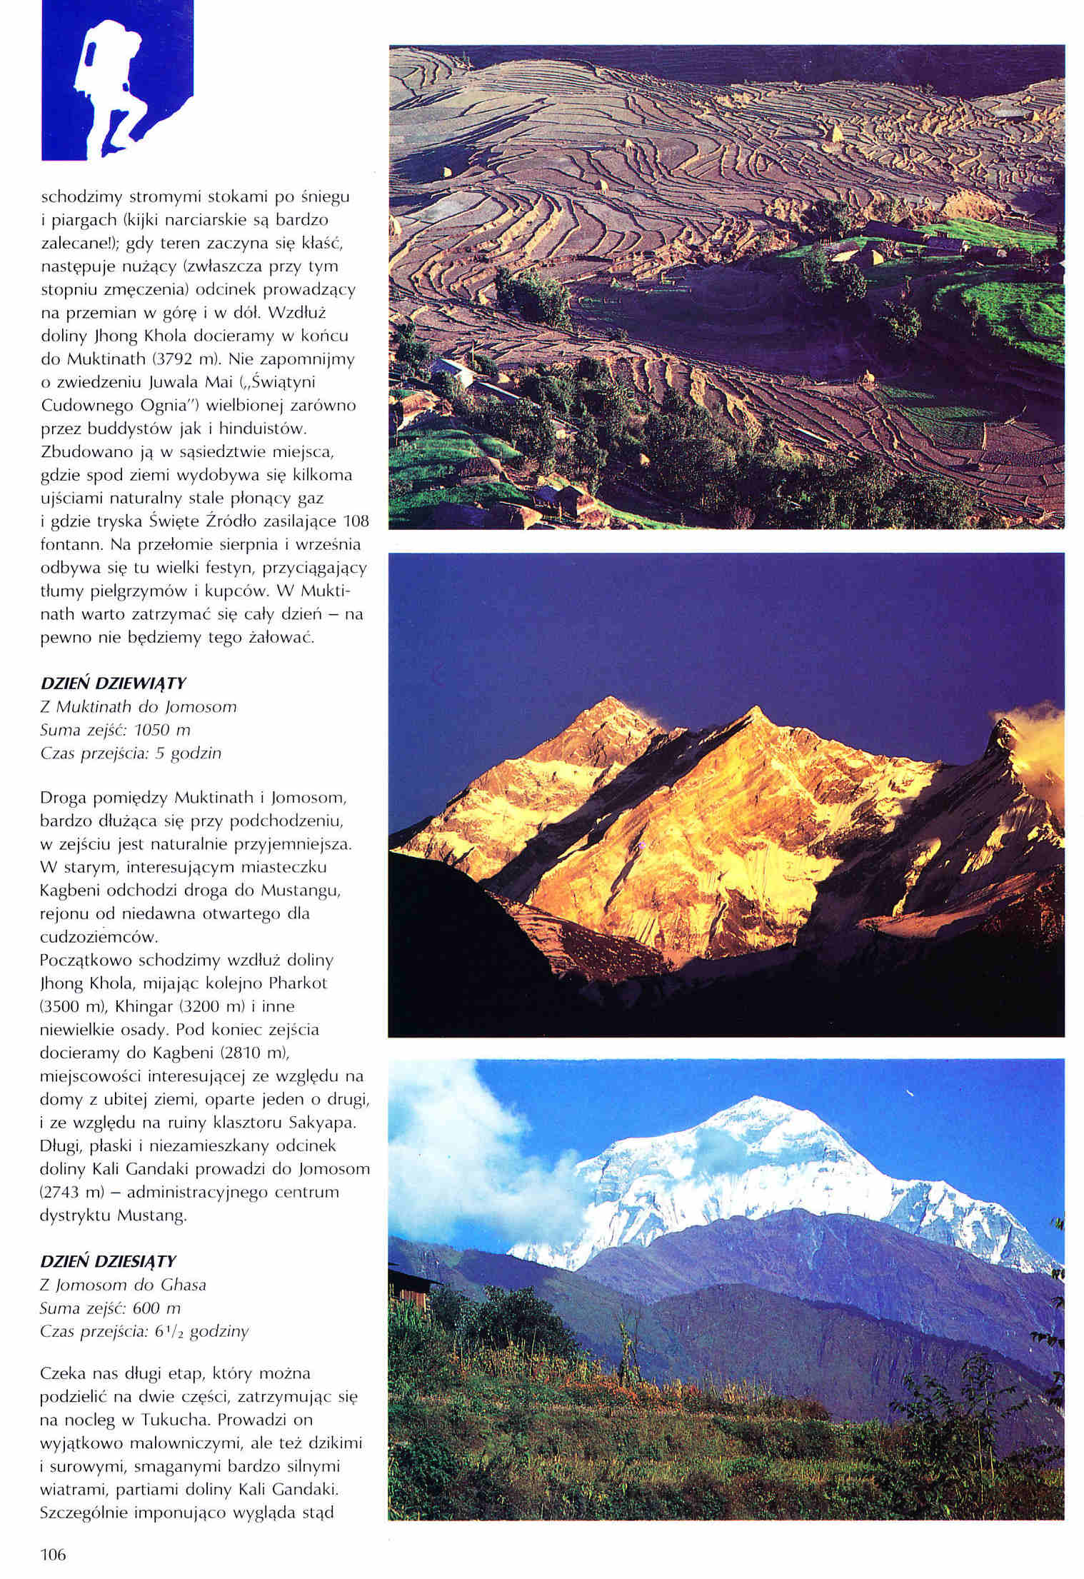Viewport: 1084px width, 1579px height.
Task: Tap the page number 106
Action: (x=54, y=1554)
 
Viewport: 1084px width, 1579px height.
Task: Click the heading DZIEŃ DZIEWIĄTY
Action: (x=113, y=683)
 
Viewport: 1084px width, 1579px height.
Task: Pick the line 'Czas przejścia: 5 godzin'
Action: (x=131, y=753)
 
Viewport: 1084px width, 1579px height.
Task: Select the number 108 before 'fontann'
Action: (x=356, y=521)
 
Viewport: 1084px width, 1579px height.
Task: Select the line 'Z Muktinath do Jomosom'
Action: (x=138, y=707)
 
